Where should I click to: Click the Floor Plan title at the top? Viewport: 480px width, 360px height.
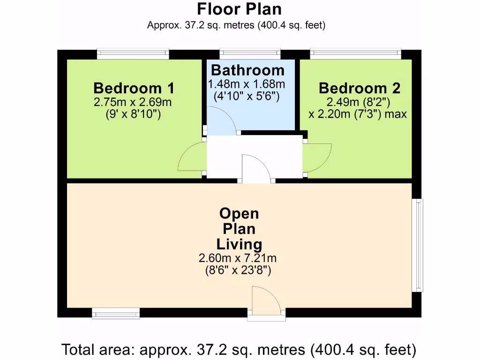click(x=239, y=9)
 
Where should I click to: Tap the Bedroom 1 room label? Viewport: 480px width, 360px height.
click(x=134, y=88)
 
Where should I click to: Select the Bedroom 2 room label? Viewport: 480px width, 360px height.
click(x=360, y=88)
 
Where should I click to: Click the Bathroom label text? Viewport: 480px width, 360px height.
click(x=247, y=70)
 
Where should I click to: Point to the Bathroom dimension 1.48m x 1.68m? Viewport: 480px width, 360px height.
click(x=247, y=84)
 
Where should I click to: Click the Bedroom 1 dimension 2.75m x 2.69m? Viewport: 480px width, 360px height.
click(x=133, y=102)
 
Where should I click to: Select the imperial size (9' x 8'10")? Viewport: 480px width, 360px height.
click(x=134, y=114)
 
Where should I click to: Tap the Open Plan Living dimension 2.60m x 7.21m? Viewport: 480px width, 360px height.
click(x=238, y=258)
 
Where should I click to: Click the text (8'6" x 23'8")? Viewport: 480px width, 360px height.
click(x=239, y=270)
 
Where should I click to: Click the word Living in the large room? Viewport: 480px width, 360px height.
click(x=239, y=244)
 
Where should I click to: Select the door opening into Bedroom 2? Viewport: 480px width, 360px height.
click(x=318, y=158)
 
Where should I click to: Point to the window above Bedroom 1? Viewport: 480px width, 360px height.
click(x=133, y=54)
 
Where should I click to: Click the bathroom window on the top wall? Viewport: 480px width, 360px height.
click(x=250, y=54)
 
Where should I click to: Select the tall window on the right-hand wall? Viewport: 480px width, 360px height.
click(x=417, y=245)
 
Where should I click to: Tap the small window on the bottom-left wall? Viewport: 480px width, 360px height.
click(x=116, y=313)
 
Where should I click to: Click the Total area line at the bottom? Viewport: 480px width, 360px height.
click(x=239, y=349)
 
